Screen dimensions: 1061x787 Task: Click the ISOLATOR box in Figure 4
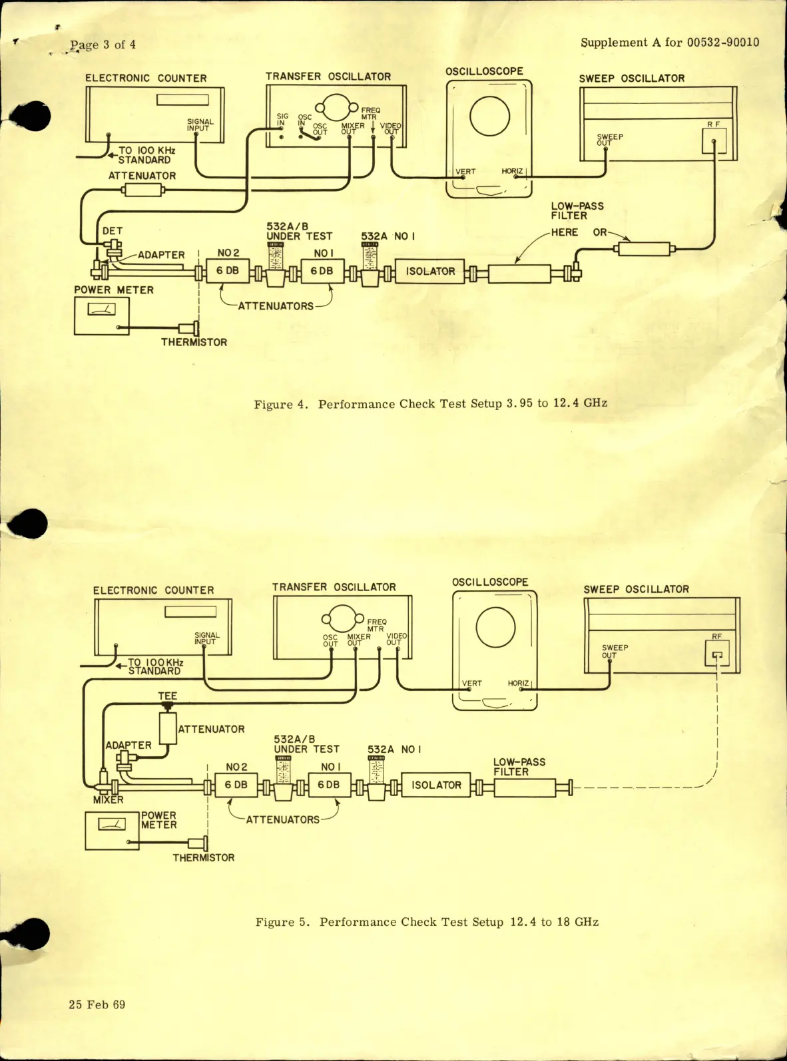click(430, 272)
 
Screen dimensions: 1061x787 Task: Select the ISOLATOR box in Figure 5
click(436, 785)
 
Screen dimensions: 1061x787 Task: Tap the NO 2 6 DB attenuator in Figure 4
click(227, 271)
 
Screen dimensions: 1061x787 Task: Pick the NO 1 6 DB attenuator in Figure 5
click(329, 785)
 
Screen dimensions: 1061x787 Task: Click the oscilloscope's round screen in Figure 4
click(489, 116)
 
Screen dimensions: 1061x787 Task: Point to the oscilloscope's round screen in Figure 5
click(495, 627)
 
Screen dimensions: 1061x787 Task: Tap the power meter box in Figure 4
click(102, 316)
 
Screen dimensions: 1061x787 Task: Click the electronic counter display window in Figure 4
click(182, 100)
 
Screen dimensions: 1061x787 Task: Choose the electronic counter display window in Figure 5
click(190, 612)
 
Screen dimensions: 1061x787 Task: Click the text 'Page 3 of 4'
click(103, 45)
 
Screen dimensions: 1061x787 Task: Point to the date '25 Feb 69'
click(97, 1004)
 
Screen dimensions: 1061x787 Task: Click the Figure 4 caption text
click(430, 403)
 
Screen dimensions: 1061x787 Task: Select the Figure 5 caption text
click(427, 922)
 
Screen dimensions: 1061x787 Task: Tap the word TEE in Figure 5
click(168, 696)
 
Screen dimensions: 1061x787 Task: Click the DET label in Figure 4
click(113, 231)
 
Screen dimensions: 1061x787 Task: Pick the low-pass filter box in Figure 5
click(525, 789)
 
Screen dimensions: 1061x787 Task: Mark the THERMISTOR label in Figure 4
click(194, 342)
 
